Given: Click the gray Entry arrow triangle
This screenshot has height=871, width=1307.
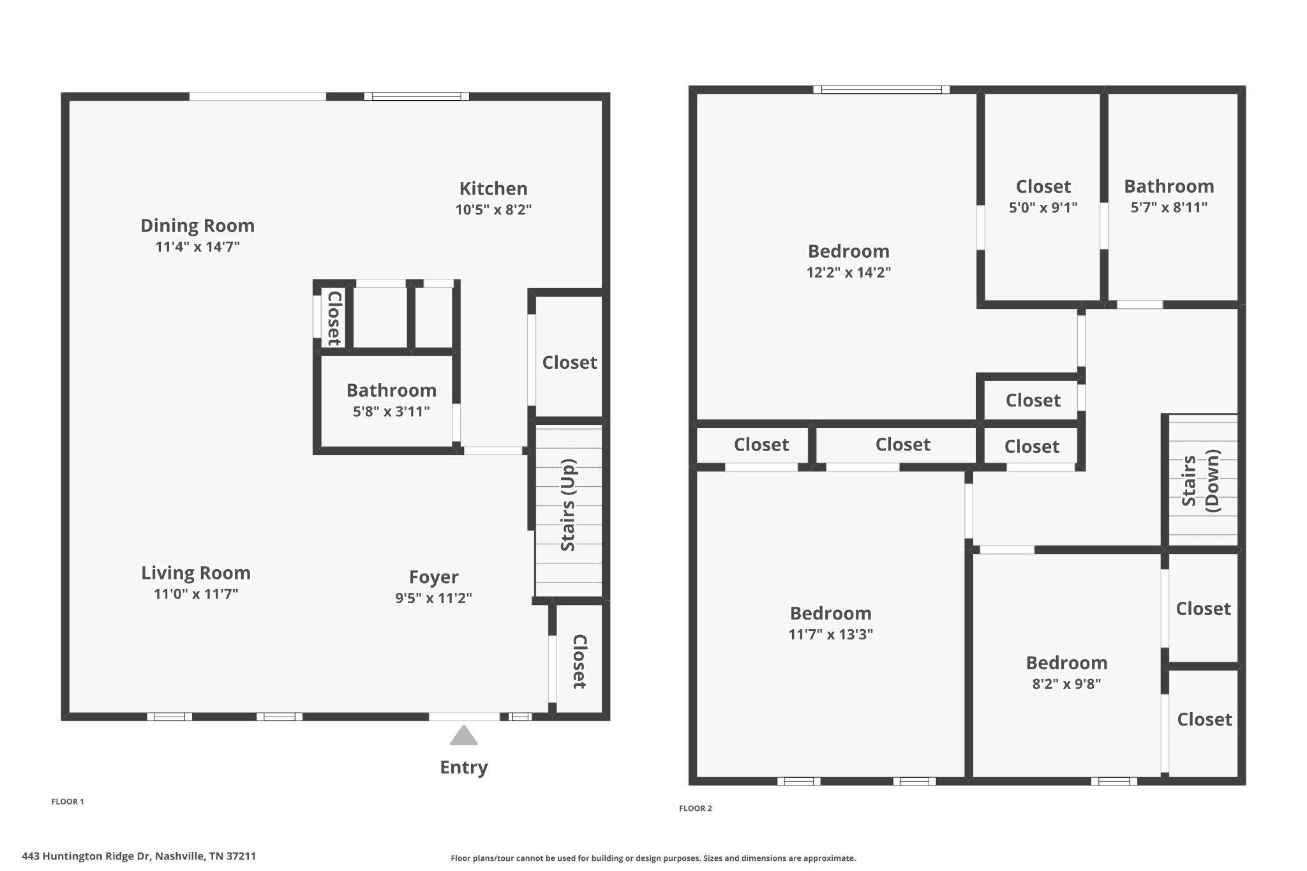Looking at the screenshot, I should pyautogui.click(x=463, y=736).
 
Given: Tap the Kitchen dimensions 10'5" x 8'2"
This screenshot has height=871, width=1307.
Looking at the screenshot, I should pyautogui.click(x=493, y=210).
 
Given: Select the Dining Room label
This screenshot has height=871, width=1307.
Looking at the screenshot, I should pyautogui.click(x=197, y=226).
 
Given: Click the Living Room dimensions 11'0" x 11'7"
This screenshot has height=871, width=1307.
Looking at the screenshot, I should pyautogui.click(x=196, y=594).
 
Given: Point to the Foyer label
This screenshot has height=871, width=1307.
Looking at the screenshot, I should pyautogui.click(x=433, y=577).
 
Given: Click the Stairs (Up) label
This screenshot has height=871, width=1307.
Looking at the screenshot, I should pyautogui.click(x=568, y=505).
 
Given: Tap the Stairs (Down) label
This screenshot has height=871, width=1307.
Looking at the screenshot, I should pyautogui.click(x=1200, y=480).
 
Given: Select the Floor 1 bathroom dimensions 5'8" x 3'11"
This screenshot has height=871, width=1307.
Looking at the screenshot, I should pyautogui.click(x=391, y=412).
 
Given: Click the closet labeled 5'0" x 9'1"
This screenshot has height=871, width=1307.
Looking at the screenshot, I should pyautogui.click(x=1043, y=186).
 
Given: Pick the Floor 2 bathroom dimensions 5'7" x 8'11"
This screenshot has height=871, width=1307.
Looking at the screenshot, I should pyautogui.click(x=1169, y=207).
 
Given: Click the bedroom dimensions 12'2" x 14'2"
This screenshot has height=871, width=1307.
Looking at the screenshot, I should pyautogui.click(x=848, y=272).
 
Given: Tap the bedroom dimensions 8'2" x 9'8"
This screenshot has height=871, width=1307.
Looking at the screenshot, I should pyautogui.click(x=1066, y=684).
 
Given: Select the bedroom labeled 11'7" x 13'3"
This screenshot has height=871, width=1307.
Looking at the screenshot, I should pyautogui.click(x=830, y=613).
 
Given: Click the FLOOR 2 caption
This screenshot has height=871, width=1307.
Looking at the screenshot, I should pyautogui.click(x=695, y=808).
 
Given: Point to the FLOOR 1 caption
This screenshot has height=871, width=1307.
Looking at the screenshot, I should pyautogui.click(x=68, y=801).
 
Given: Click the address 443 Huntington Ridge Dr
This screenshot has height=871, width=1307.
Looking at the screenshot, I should pyautogui.click(x=138, y=856).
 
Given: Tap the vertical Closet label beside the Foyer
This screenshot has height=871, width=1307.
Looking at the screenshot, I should pyautogui.click(x=579, y=662).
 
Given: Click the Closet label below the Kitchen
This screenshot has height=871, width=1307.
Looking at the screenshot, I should pyautogui.click(x=569, y=362).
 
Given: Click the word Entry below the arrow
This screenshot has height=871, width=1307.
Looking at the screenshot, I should pyautogui.click(x=463, y=767).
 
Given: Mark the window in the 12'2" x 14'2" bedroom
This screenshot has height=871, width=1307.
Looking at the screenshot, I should pyautogui.click(x=881, y=90).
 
